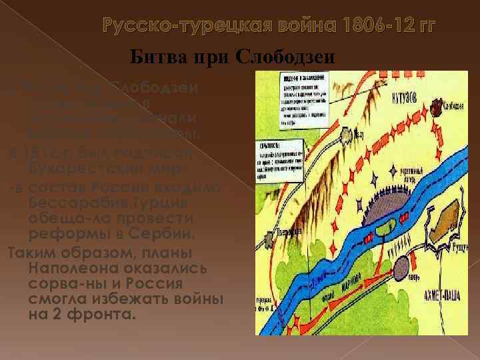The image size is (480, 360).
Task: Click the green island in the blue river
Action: pyautogui.click(x=382, y=230)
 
